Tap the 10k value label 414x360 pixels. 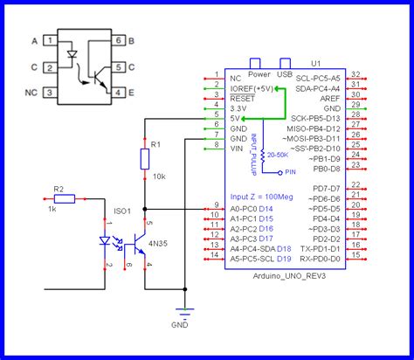157,176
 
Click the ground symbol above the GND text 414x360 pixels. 183,309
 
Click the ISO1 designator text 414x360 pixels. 123,210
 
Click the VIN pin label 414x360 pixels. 237,148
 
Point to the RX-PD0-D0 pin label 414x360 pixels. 319,259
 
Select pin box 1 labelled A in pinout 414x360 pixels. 52,41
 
